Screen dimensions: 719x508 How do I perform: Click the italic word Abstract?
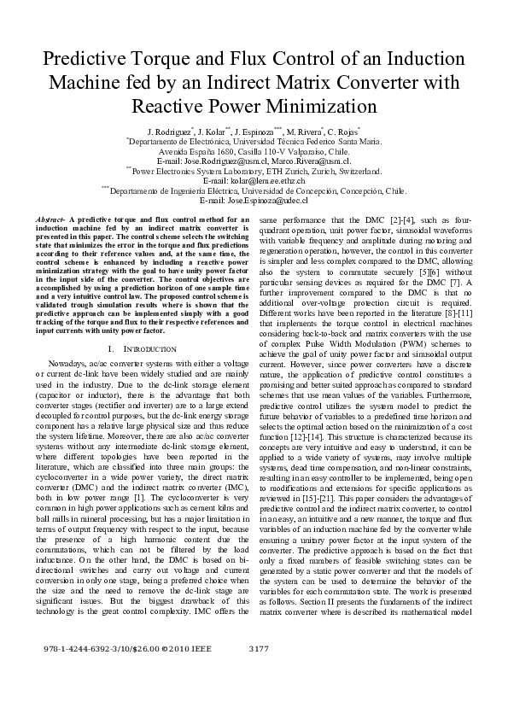(x=50, y=220)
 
